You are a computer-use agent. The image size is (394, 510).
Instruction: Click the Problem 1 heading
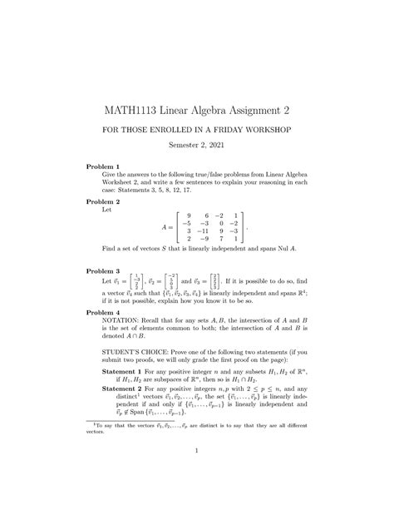point(104,166)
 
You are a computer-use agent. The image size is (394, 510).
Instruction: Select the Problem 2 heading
point(104,202)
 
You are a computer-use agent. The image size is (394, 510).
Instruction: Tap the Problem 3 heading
point(104,271)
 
